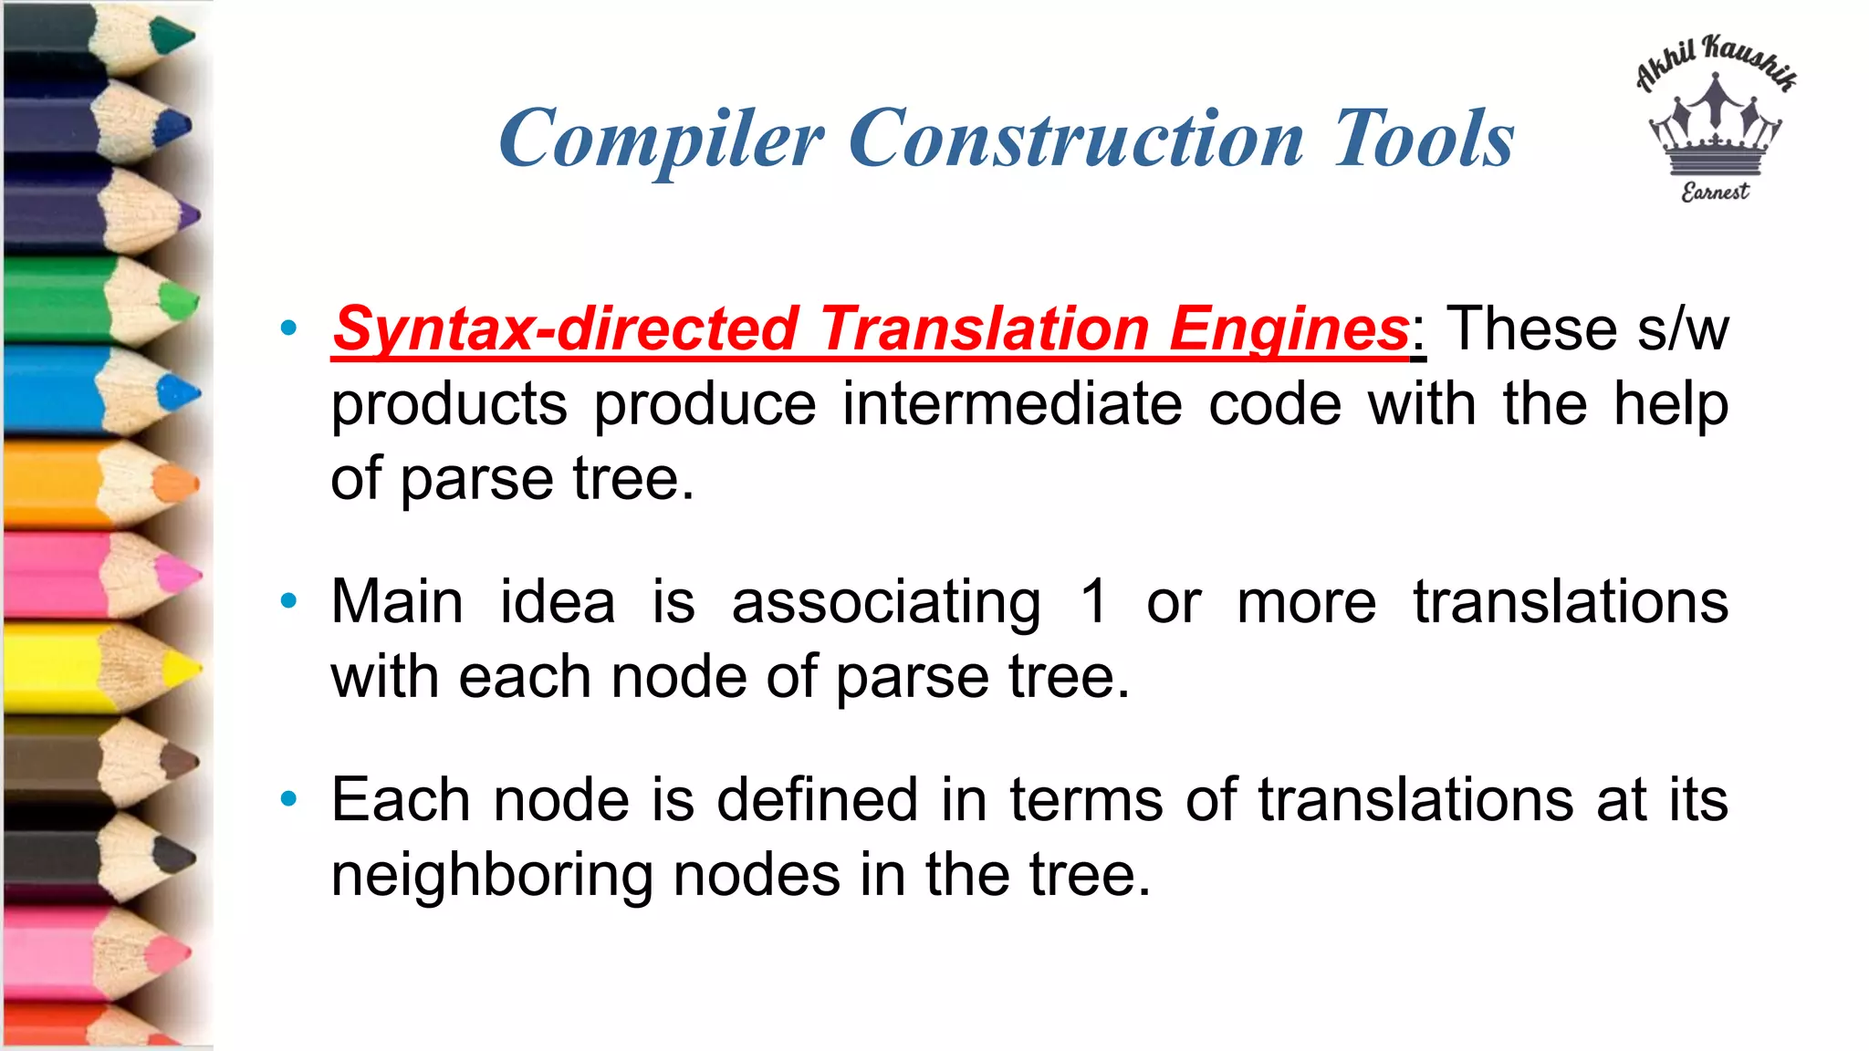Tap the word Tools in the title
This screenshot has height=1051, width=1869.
tap(1424, 140)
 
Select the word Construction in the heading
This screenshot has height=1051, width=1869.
tap(1077, 140)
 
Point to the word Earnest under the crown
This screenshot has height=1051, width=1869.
tap(1716, 192)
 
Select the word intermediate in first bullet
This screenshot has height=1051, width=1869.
tap(1012, 404)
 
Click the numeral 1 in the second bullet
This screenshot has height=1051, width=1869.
tap(1093, 602)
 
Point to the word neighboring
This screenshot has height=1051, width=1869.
tap(491, 876)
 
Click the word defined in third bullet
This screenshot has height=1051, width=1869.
tap(817, 800)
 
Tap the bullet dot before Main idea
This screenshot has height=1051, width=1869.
tap(289, 600)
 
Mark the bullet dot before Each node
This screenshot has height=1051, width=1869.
tap(289, 799)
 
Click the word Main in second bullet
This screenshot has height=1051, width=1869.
tap(397, 602)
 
